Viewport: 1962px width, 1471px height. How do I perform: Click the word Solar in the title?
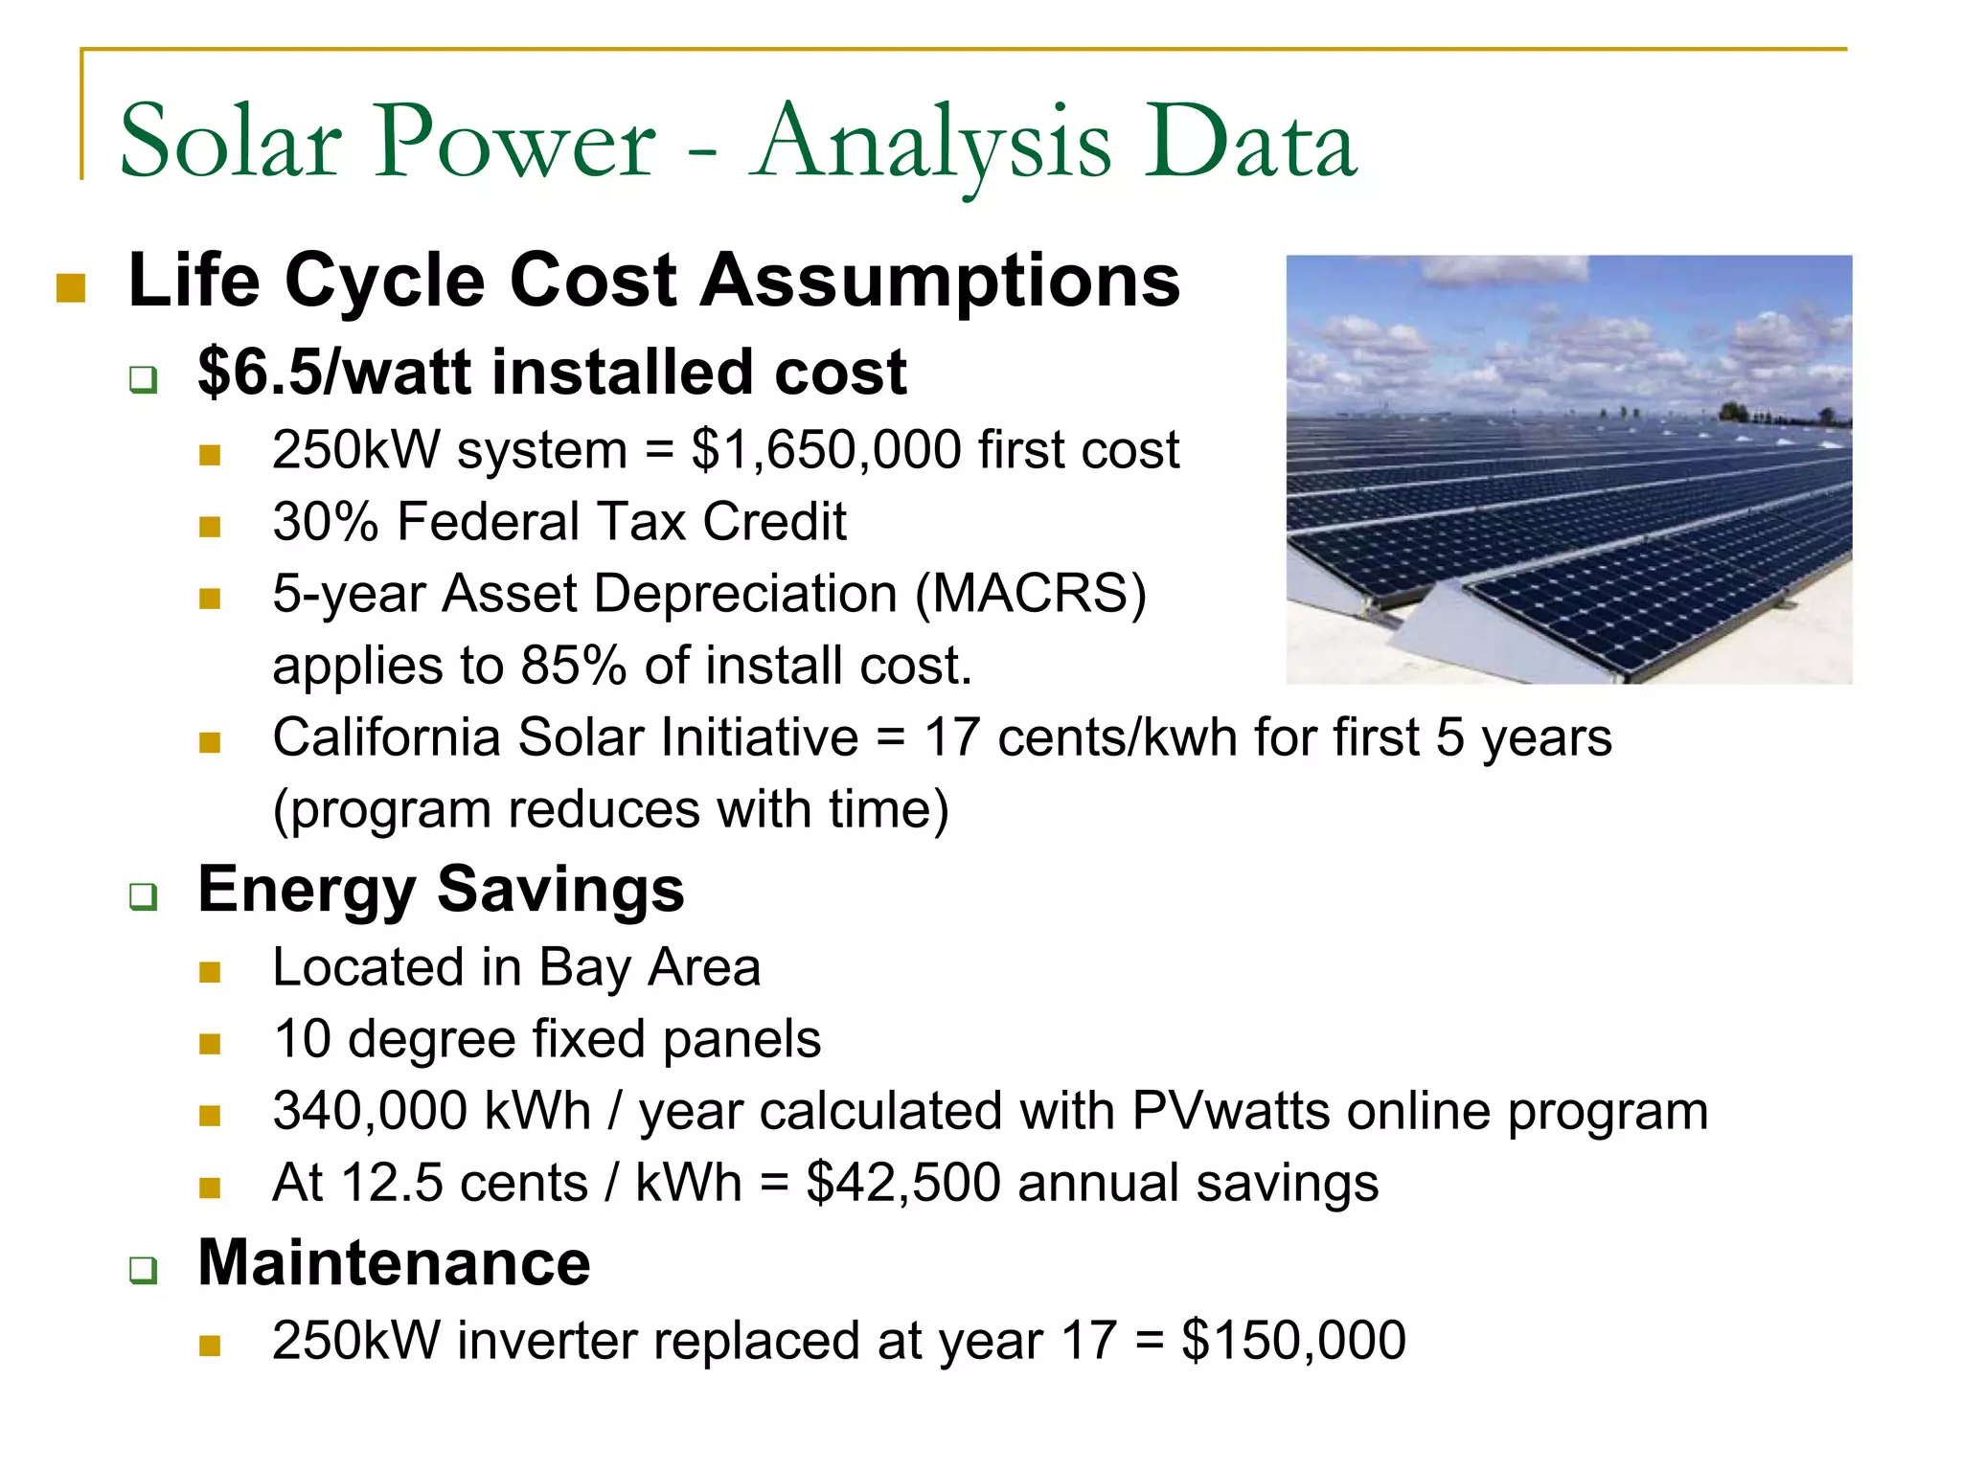[230, 144]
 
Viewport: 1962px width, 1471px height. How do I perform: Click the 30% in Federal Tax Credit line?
[326, 522]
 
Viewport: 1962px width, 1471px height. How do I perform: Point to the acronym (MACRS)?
[1031, 594]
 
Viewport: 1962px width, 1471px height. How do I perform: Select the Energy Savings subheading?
[441, 890]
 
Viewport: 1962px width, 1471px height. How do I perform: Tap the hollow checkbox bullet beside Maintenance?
[144, 1271]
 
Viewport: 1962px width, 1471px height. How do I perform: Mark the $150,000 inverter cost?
[1293, 1340]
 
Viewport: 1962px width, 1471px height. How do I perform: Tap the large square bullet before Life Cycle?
[71, 287]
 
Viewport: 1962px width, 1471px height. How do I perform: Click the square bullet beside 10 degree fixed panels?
[210, 1043]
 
